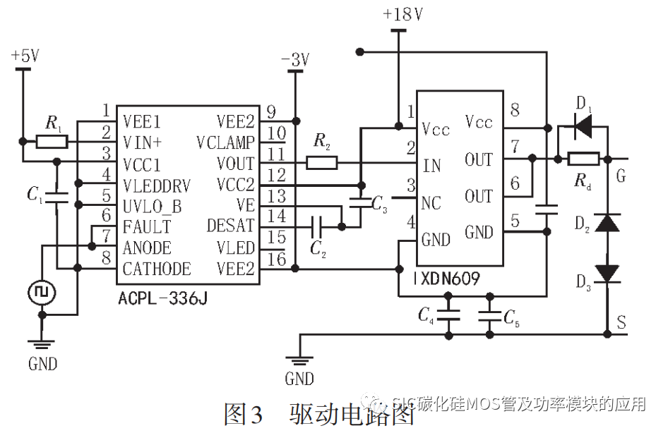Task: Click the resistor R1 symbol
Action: (x=52, y=142)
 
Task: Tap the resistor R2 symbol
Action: (x=321, y=164)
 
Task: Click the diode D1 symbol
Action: (x=583, y=128)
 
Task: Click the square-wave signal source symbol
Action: (x=42, y=291)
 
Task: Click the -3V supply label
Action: (x=294, y=60)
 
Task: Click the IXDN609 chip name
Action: (x=447, y=279)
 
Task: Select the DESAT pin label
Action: (x=230, y=226)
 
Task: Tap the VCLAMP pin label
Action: (x=225, y=142)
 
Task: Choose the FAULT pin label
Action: (x=146, y=226)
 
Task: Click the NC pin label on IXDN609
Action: (x=431, y=204)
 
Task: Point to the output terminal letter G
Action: (x=621, y=176)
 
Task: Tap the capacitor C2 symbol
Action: (x=316, y=226)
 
